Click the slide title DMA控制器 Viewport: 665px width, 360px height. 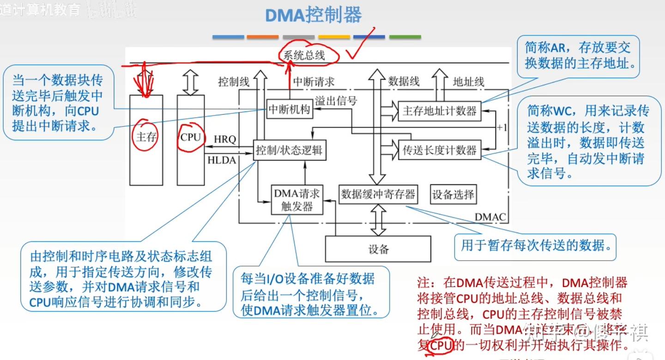313,15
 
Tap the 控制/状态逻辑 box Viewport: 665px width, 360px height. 290,150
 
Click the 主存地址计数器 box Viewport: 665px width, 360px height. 439,111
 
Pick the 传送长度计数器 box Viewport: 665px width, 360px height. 439,150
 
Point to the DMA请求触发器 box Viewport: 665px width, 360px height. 297,200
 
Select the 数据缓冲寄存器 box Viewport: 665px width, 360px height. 378,194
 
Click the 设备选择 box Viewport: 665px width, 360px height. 453,194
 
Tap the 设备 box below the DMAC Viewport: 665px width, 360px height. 378,249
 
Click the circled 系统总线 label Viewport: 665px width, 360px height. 304,55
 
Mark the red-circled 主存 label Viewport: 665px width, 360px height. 146,137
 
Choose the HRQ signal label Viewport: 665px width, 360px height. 225,139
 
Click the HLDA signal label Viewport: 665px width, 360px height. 222,160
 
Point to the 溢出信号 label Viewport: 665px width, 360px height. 336,101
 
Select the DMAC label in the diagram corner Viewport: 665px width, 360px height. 490,217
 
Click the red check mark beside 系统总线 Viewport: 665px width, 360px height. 361,46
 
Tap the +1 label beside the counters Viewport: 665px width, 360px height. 502,128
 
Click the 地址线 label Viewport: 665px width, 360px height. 468,82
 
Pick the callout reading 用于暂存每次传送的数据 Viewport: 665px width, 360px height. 536,245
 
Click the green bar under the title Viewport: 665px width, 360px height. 405,37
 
